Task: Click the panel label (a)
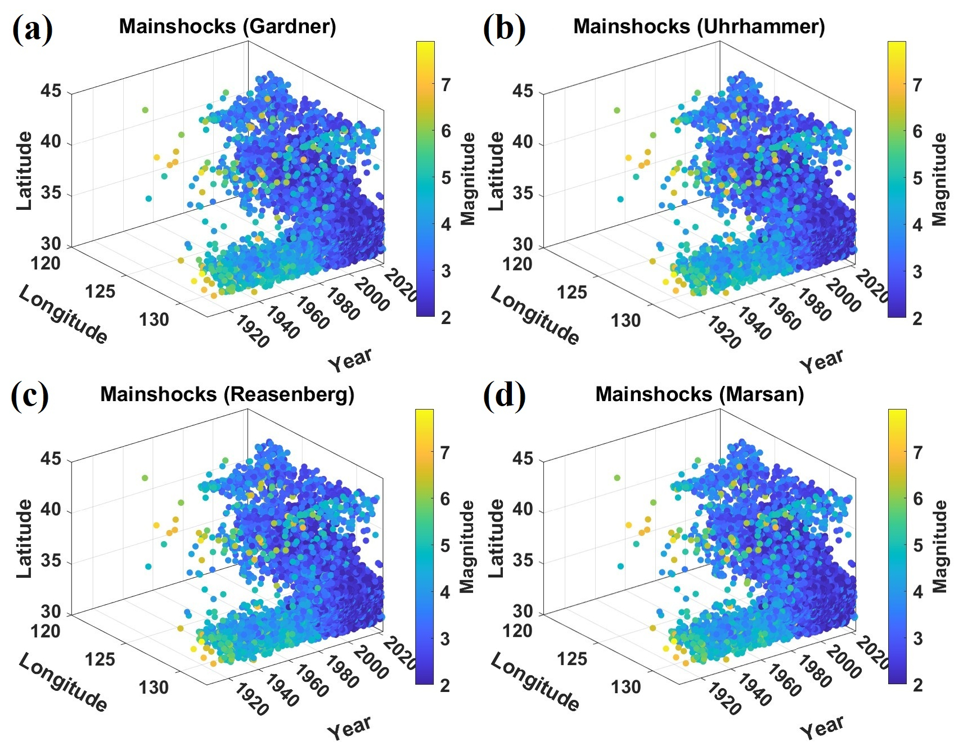pyautogui.click(x=32, y=29)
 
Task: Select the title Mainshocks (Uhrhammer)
pyautogui.click(x=699, y=26)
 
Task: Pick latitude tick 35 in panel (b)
pyautogui.click(x=523, y=194)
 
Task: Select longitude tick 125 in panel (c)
pyautogui.click(x=100, y=659)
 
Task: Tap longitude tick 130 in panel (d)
pyautogui.click(x=625, y=687)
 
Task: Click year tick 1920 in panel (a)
pyautogui.click(x=251, y=332)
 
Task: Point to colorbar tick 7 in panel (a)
pyautogui.click(x=445, y=85)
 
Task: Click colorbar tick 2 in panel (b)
pyautogui.click(x=917, y=318)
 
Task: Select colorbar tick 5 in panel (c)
pyautogui.click(x=445, y=545)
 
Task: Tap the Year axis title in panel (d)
pyautogui.click(x=822, y=728)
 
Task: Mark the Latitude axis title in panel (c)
pyautogui.click(x=24, y=538)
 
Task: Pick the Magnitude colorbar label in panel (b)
pyautogui.click(x=939, y=179)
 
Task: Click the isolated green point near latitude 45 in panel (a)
pyautogui.click(x=145, y=110)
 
